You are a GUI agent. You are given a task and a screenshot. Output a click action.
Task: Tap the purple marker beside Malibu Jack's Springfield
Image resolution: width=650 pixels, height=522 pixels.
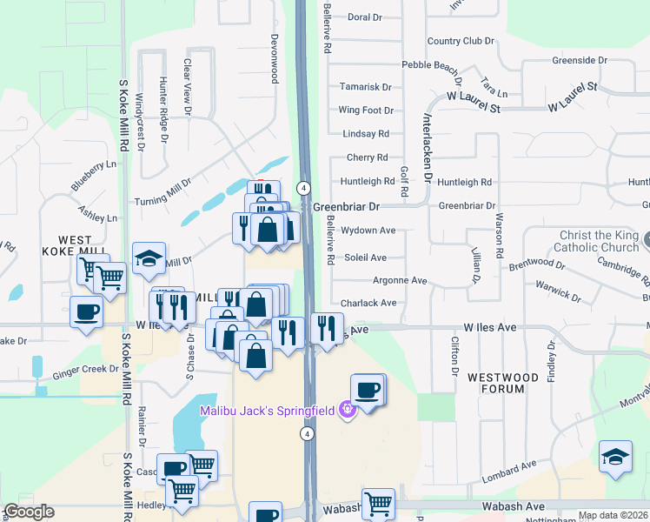coord(348,408)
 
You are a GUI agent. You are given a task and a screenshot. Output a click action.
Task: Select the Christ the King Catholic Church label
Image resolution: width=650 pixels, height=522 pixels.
coord(599,241)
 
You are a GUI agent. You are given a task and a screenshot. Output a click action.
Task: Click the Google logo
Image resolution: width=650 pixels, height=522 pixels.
coord(29,512)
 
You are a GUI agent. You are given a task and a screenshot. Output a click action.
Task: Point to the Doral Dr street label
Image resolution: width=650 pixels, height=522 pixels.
coord(364,17)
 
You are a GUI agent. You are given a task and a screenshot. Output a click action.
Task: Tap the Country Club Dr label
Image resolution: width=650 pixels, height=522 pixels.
coord(460,41)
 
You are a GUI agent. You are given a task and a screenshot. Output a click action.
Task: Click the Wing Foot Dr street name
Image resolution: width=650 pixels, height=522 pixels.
coord(366,110)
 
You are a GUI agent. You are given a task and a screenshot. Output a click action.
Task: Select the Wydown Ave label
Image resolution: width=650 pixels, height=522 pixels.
coord(368,231)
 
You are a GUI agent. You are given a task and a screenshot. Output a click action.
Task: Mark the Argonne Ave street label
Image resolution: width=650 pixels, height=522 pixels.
coord(400,281)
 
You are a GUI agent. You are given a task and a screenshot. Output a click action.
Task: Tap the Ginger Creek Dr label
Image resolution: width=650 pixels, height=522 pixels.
coord(84,369)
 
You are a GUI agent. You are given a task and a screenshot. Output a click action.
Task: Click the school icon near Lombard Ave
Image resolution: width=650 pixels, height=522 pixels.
coord(615,457)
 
